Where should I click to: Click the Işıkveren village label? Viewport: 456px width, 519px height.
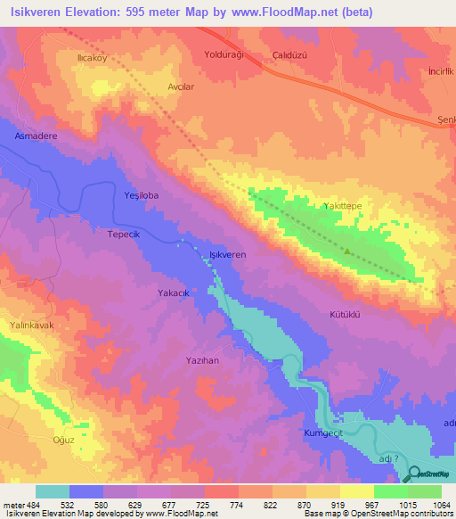(226, 254)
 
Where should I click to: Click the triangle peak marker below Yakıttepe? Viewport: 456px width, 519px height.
(347, 251)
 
